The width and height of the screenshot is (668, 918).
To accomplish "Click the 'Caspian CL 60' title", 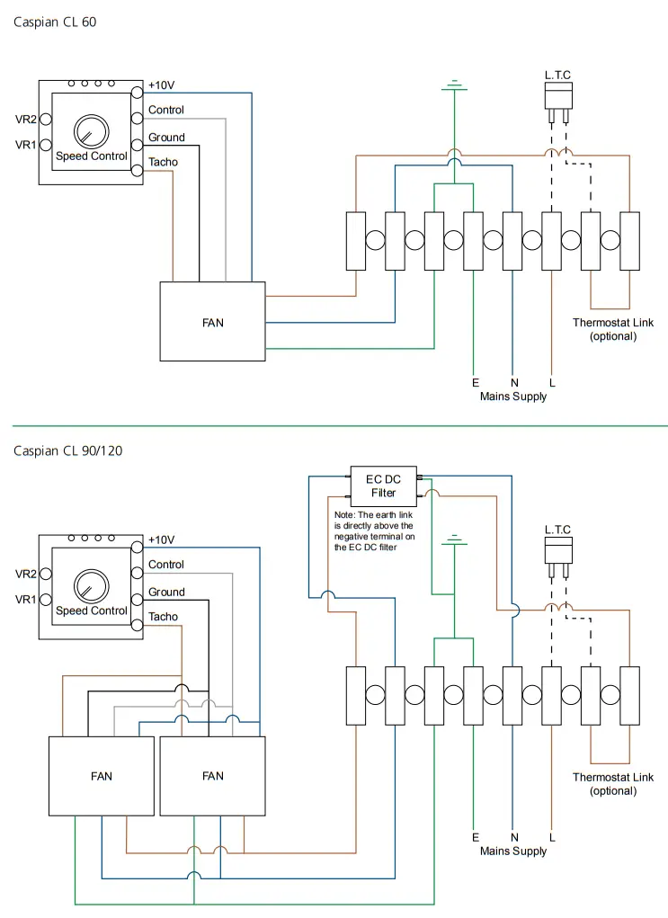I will pyautogui.click(x=55, y=22).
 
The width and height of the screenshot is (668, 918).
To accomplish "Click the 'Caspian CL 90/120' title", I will pyautogui.click(x=67, y=450).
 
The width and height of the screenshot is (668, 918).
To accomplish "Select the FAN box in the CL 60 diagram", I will pyautogui.click(x=212, y=322).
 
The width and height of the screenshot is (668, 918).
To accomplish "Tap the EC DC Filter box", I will pyautogui.click(x=384, y=486).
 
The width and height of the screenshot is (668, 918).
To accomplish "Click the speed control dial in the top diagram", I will pyautogui.click(x=91, y=131).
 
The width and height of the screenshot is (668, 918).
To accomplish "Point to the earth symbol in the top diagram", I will pyautogui.click(x=454, y=86).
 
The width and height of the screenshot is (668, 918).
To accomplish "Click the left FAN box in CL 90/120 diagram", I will pyautogui.click(x=102, y=776).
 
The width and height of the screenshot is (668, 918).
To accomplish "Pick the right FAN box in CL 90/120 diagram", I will pyautogui.click(x=212, y=776).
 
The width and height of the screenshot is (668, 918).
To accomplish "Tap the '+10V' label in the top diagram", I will pyautogui.click(x=162, y=85).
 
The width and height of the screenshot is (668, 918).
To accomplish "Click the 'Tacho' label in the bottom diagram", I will pyautogui.click(x=163, y=617).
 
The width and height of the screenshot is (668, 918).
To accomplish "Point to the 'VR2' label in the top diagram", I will pyautogui.click(x=25, y=119).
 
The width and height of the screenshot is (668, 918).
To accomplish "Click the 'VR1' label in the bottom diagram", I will pyautogui.click(x=25, y=599).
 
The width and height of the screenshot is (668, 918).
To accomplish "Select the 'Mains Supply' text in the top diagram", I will pyautogui.click(x=512, y=397).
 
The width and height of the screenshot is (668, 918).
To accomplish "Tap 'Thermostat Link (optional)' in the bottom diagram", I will pyautogui.click(x=612, y=784).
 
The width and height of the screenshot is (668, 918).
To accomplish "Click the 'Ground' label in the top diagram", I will pyautogui.click(x=166, y=138).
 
